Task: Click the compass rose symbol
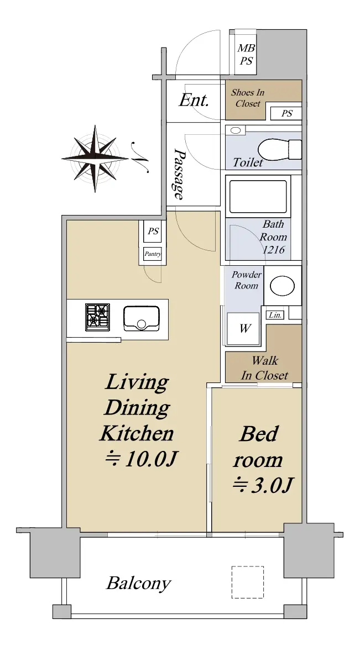pos(95,159)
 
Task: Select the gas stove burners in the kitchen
pos(98,317)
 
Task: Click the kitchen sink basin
pos(142,318)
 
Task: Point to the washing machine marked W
pos(243,328)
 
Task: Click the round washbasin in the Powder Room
pos(283,286)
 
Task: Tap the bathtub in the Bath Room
pos(258,196)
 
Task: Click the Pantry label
pos(153,254)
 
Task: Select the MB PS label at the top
pos(246,55)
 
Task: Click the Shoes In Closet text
pos(248,98)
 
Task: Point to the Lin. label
pos(275,315)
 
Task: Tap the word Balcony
pos(139,584)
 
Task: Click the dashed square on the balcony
pos(247,582)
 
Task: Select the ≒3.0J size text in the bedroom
pos(263,485)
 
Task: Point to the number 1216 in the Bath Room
pos(273,250)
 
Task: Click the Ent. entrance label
pos(194,100)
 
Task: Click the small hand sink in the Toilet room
pos(236,130)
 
